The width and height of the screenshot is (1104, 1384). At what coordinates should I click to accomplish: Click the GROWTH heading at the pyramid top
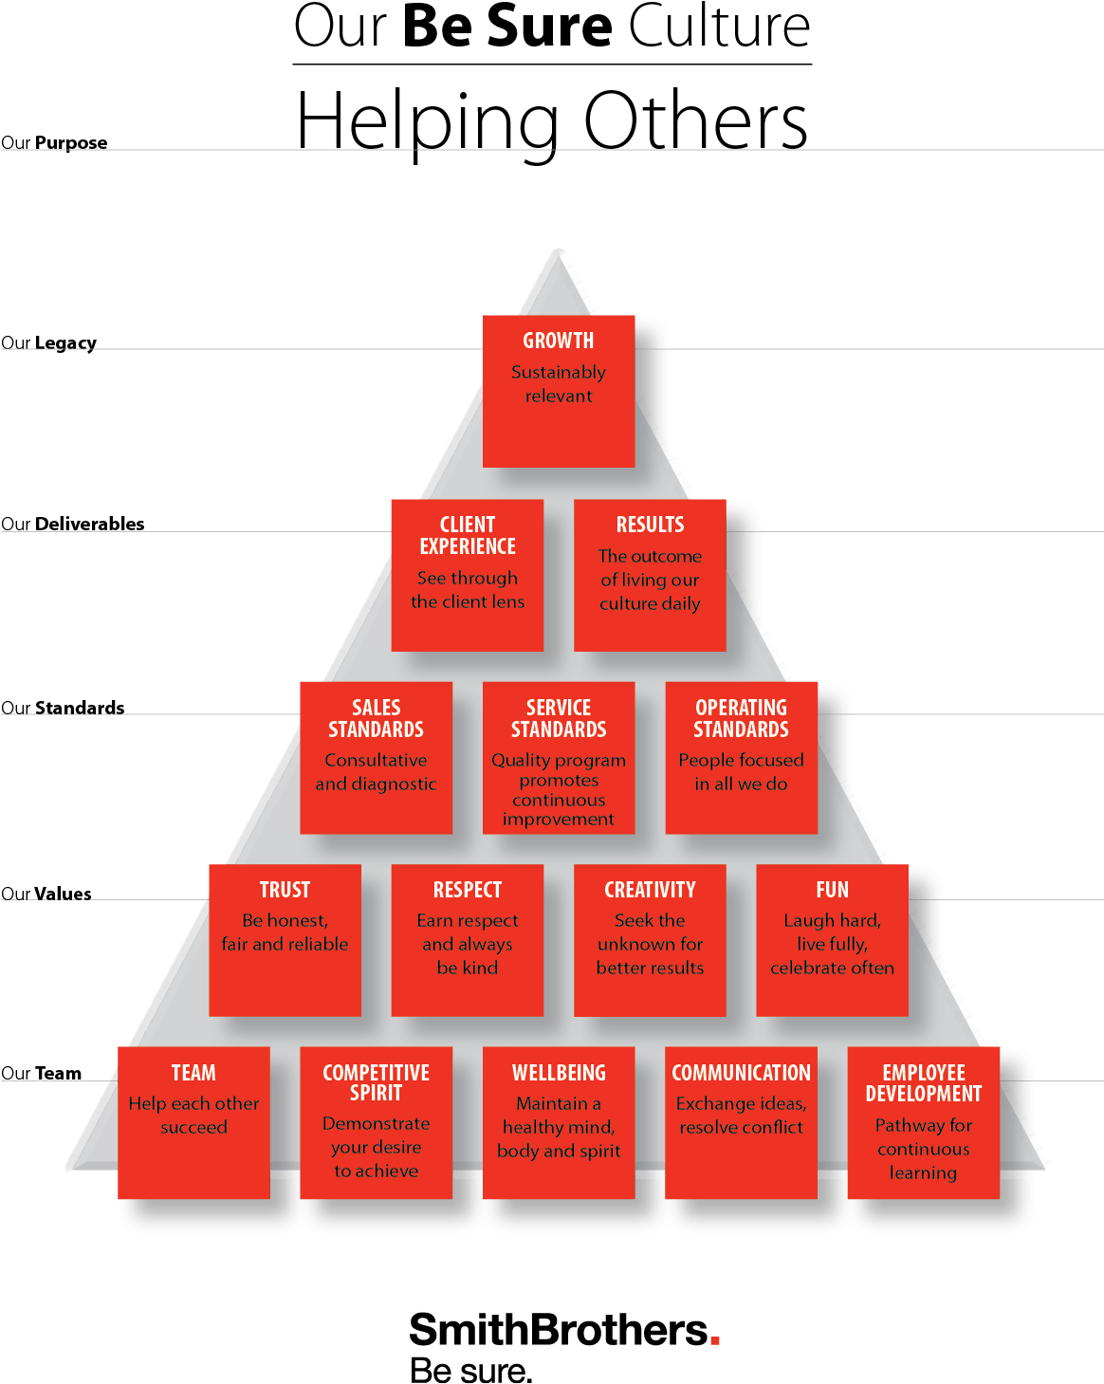coord(559,341)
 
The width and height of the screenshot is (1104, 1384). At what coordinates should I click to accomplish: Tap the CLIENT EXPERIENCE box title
coord(468,536)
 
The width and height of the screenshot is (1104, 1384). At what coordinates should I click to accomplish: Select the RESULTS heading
coord(650,525)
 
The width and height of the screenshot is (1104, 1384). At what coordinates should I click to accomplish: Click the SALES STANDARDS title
coord(377,718)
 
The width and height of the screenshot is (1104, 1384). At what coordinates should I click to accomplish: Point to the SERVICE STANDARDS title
coord(559,718)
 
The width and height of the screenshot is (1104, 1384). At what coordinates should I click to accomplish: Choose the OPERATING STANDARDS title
coord(741,718)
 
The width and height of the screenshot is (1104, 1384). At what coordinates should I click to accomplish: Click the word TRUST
coord(285,890)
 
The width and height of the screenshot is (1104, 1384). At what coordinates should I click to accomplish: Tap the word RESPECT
coord(468,890)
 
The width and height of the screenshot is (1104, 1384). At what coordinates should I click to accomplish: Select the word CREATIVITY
coord(650,890)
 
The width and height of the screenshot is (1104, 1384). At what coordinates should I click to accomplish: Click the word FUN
coord(832,890)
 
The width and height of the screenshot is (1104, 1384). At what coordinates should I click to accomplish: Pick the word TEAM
coord(193,1073)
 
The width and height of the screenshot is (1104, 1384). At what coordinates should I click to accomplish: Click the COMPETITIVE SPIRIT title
coord(377,1082)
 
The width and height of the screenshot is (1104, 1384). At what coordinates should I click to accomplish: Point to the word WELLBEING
coord(559,1073)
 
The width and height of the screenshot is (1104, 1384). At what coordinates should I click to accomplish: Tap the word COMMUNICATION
coord(741,1073)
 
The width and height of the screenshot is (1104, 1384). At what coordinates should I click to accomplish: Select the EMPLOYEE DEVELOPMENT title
coord(924,1083)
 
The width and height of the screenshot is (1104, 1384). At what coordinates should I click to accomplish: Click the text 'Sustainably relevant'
coord(559,384)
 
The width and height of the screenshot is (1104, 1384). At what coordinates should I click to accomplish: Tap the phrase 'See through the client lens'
coord(468,589)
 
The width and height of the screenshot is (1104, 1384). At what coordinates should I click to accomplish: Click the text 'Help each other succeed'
coord(193,1116)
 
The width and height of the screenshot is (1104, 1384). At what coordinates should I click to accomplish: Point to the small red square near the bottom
coord(715,1340)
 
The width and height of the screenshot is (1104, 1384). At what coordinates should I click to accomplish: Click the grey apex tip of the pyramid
coord(559,263)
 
